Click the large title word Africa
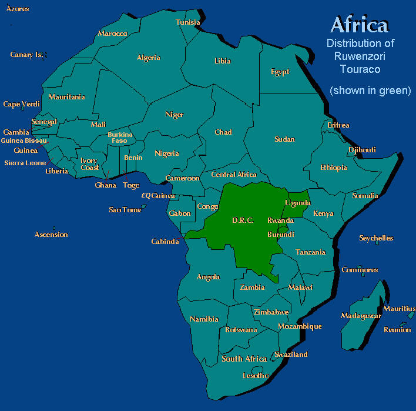tap(359, 25)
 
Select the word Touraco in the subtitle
tap(360, 69)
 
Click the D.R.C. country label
tap(243, 220)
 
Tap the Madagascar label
tap(361, 316)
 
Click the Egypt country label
tap(280, 72)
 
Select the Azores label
tap(18, 9)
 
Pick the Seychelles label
tap(376, 238)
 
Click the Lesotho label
tap(256, 376)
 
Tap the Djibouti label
tap(362, 150)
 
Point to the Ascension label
tap(51, 235)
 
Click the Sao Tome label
tap(125, 210)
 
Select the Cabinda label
tap(165, 242)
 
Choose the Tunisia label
tap(188, 22)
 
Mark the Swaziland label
tap(291, 355)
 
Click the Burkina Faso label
tap(120, 138)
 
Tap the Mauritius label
tap(399, 309)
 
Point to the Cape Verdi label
tap(21, 104)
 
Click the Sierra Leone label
tap(25, 163)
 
